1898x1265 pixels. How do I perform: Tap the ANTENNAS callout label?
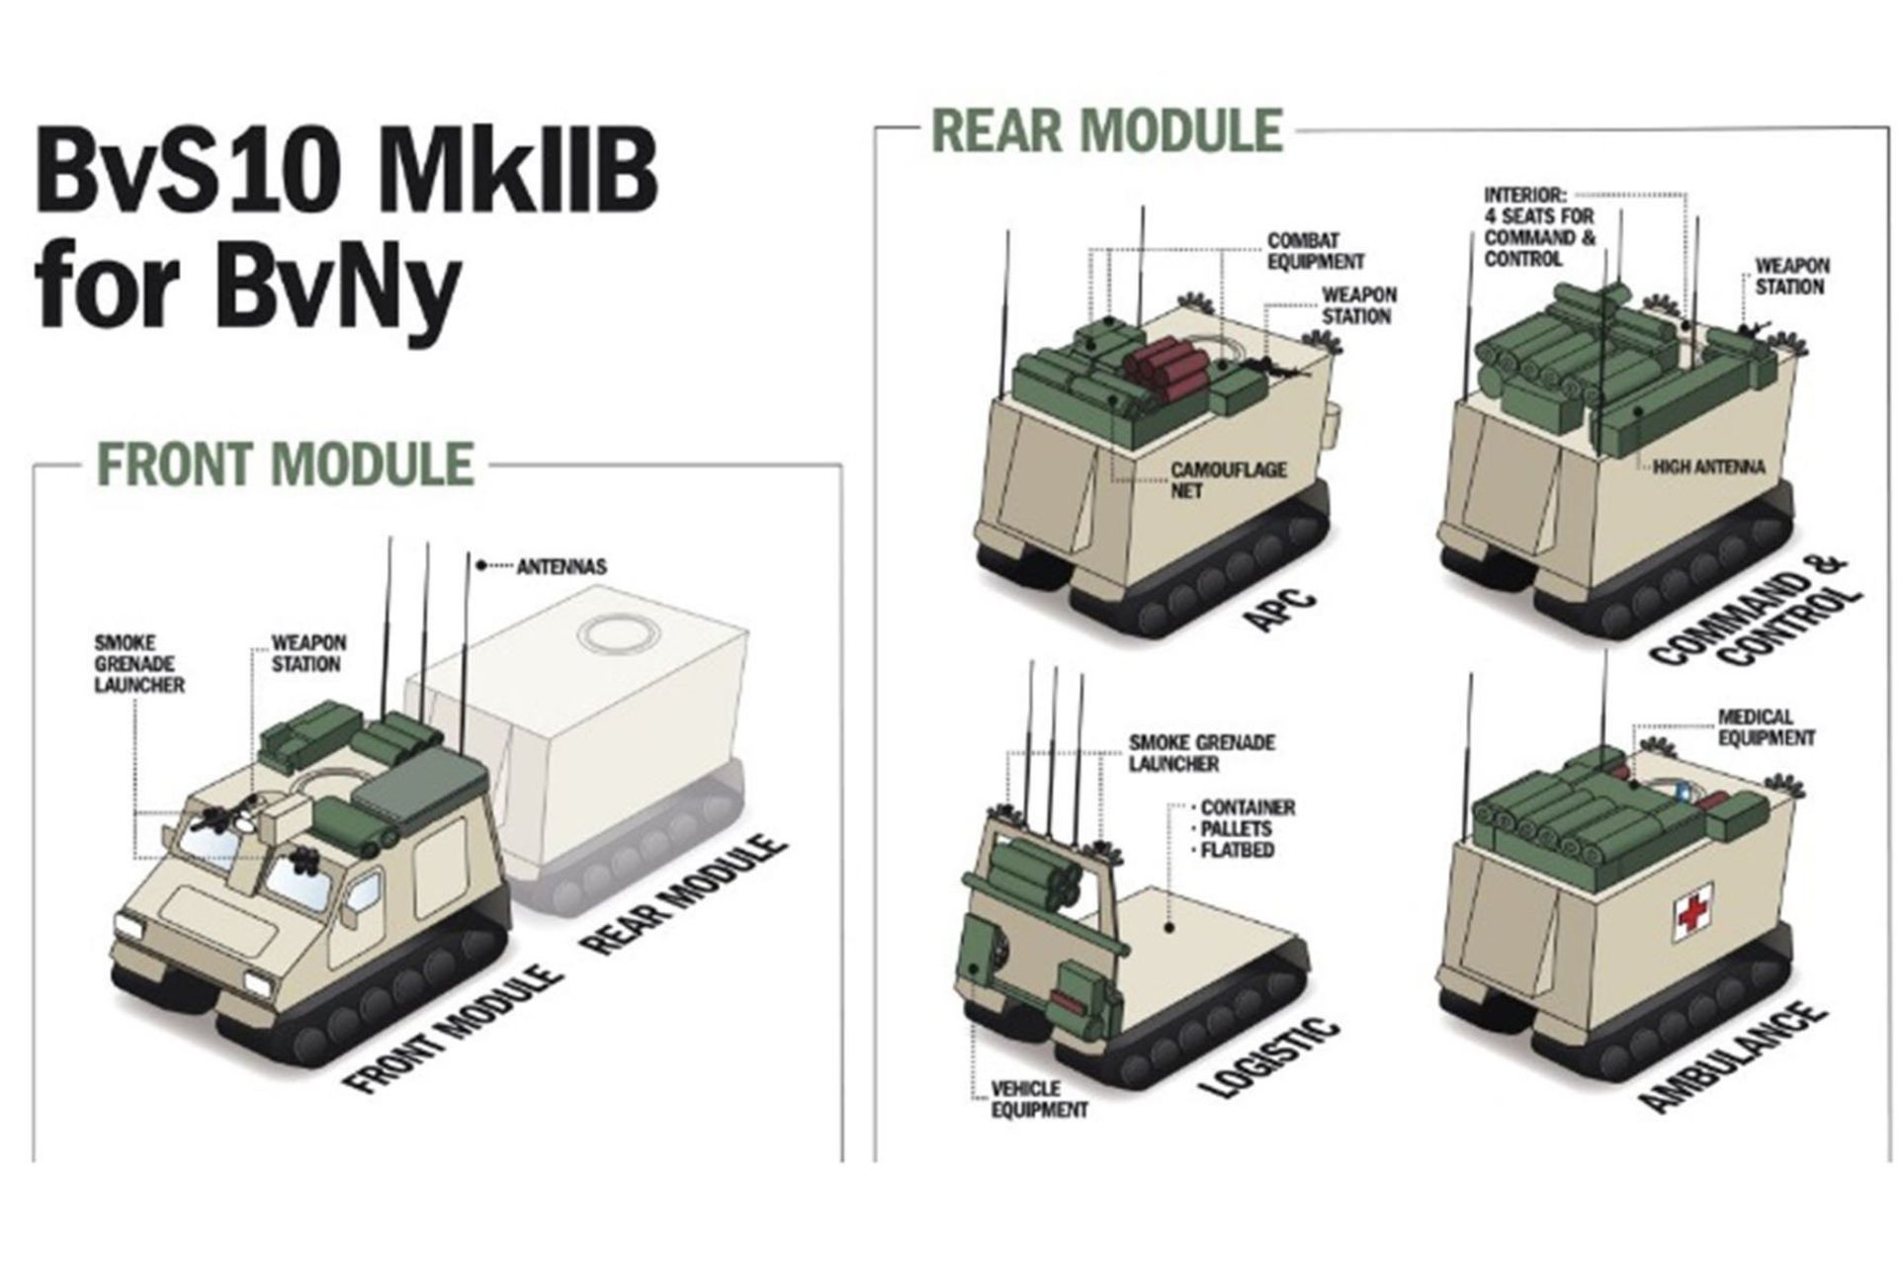pyautogui.click(x=561, y=567)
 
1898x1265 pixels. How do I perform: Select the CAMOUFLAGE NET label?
pyautogui.click(x=1229, y=479)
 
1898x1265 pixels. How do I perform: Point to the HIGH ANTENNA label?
pyautogui.click(x=1708, y=467)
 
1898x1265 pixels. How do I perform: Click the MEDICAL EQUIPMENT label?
pyautogui.click(x=1767, y=727)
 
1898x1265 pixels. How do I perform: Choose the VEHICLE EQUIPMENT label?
pyautogui.click(x=1039, y=1099)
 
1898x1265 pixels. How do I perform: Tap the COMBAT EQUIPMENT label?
pyautogui.click(x=1316, y=251)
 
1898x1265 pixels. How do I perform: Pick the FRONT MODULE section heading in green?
pyautogui.click(x=285, y=464)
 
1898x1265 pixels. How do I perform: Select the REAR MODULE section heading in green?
pyautogui.click(x=1107, y=130)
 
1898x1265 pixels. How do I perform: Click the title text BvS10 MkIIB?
pyautogui.click(x=346, y=175)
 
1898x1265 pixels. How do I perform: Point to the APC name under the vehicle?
pyautogui.click(x=1279, y=610)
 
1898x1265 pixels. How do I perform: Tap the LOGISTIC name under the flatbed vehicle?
pyautogui.click(x=1270, y=1057)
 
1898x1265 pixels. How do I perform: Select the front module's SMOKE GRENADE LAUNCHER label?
pyautogui.click(x=139, y=664)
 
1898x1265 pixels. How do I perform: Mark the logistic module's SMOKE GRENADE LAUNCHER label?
pyautogui.click(x=1202, y=753)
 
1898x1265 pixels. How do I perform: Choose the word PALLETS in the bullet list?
pyautogui.click(x=1237, y=828)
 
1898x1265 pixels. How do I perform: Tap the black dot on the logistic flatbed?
pyautogui.click(x=1168, y=928)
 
